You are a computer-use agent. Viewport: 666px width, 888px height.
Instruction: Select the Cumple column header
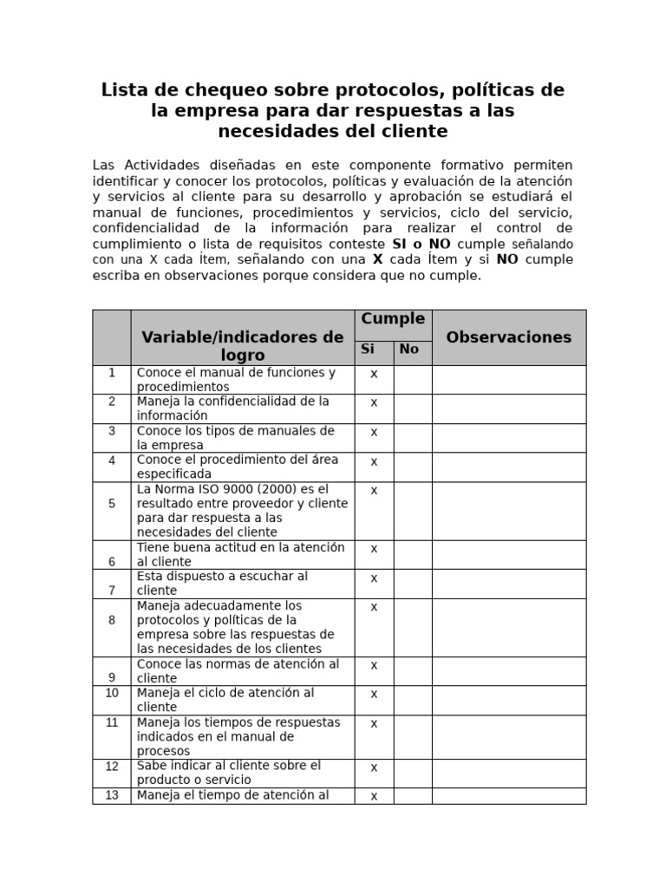click(x=393, y=319)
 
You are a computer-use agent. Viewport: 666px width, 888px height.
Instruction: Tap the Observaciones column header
click(x=508, y=337)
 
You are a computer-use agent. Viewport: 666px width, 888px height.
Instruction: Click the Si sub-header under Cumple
click(x=368, y=349)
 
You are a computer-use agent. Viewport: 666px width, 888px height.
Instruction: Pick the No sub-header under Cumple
click(x=409, y=349)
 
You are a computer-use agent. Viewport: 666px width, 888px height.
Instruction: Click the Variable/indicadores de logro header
click(x=243, y=346)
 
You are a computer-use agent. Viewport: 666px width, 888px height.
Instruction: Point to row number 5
click(x=112, y=503)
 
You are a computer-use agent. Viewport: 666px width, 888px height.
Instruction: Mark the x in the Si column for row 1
click(x=374, y=374)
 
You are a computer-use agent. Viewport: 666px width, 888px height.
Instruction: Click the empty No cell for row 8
click(x=413, y=627)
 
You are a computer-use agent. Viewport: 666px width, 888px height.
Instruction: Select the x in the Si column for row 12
click(x=374, y=767)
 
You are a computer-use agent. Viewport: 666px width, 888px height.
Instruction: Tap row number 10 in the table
click(x=112, y=693)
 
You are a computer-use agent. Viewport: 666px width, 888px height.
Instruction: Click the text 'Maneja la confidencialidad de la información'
click(x=232, y=408)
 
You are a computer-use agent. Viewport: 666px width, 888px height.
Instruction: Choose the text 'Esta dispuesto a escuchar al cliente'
click(x=222, y=583)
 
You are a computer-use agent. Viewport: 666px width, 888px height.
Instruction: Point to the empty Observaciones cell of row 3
click(x=508, y=438)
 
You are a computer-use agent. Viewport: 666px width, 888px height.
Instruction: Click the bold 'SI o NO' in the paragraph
click(x=421, y=245)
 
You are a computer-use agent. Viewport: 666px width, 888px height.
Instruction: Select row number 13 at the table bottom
click(x=112, y=795)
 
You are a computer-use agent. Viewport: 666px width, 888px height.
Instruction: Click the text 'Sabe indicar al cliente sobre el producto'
click(x=228, y=773)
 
